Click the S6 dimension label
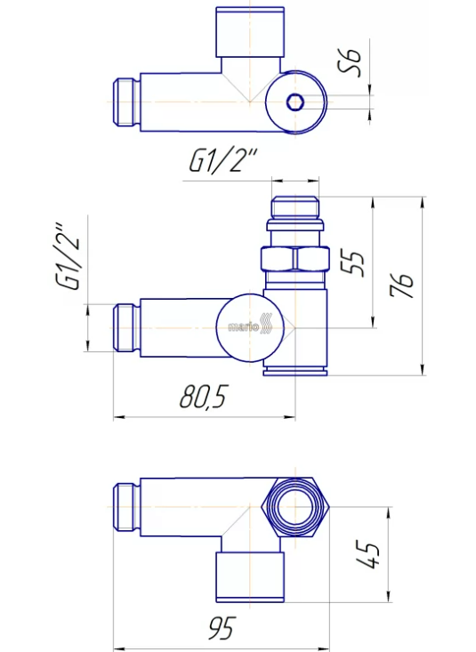coord(350,62)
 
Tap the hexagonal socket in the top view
coord(295,102)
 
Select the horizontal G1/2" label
coord(223,160)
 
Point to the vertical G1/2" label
coord(67,256)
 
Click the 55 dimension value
coord(353,263)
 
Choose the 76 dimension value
coord(401,286)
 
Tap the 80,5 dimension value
coord(204,397)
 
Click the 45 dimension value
coord(367,555)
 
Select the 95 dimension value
coord(222,628)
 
